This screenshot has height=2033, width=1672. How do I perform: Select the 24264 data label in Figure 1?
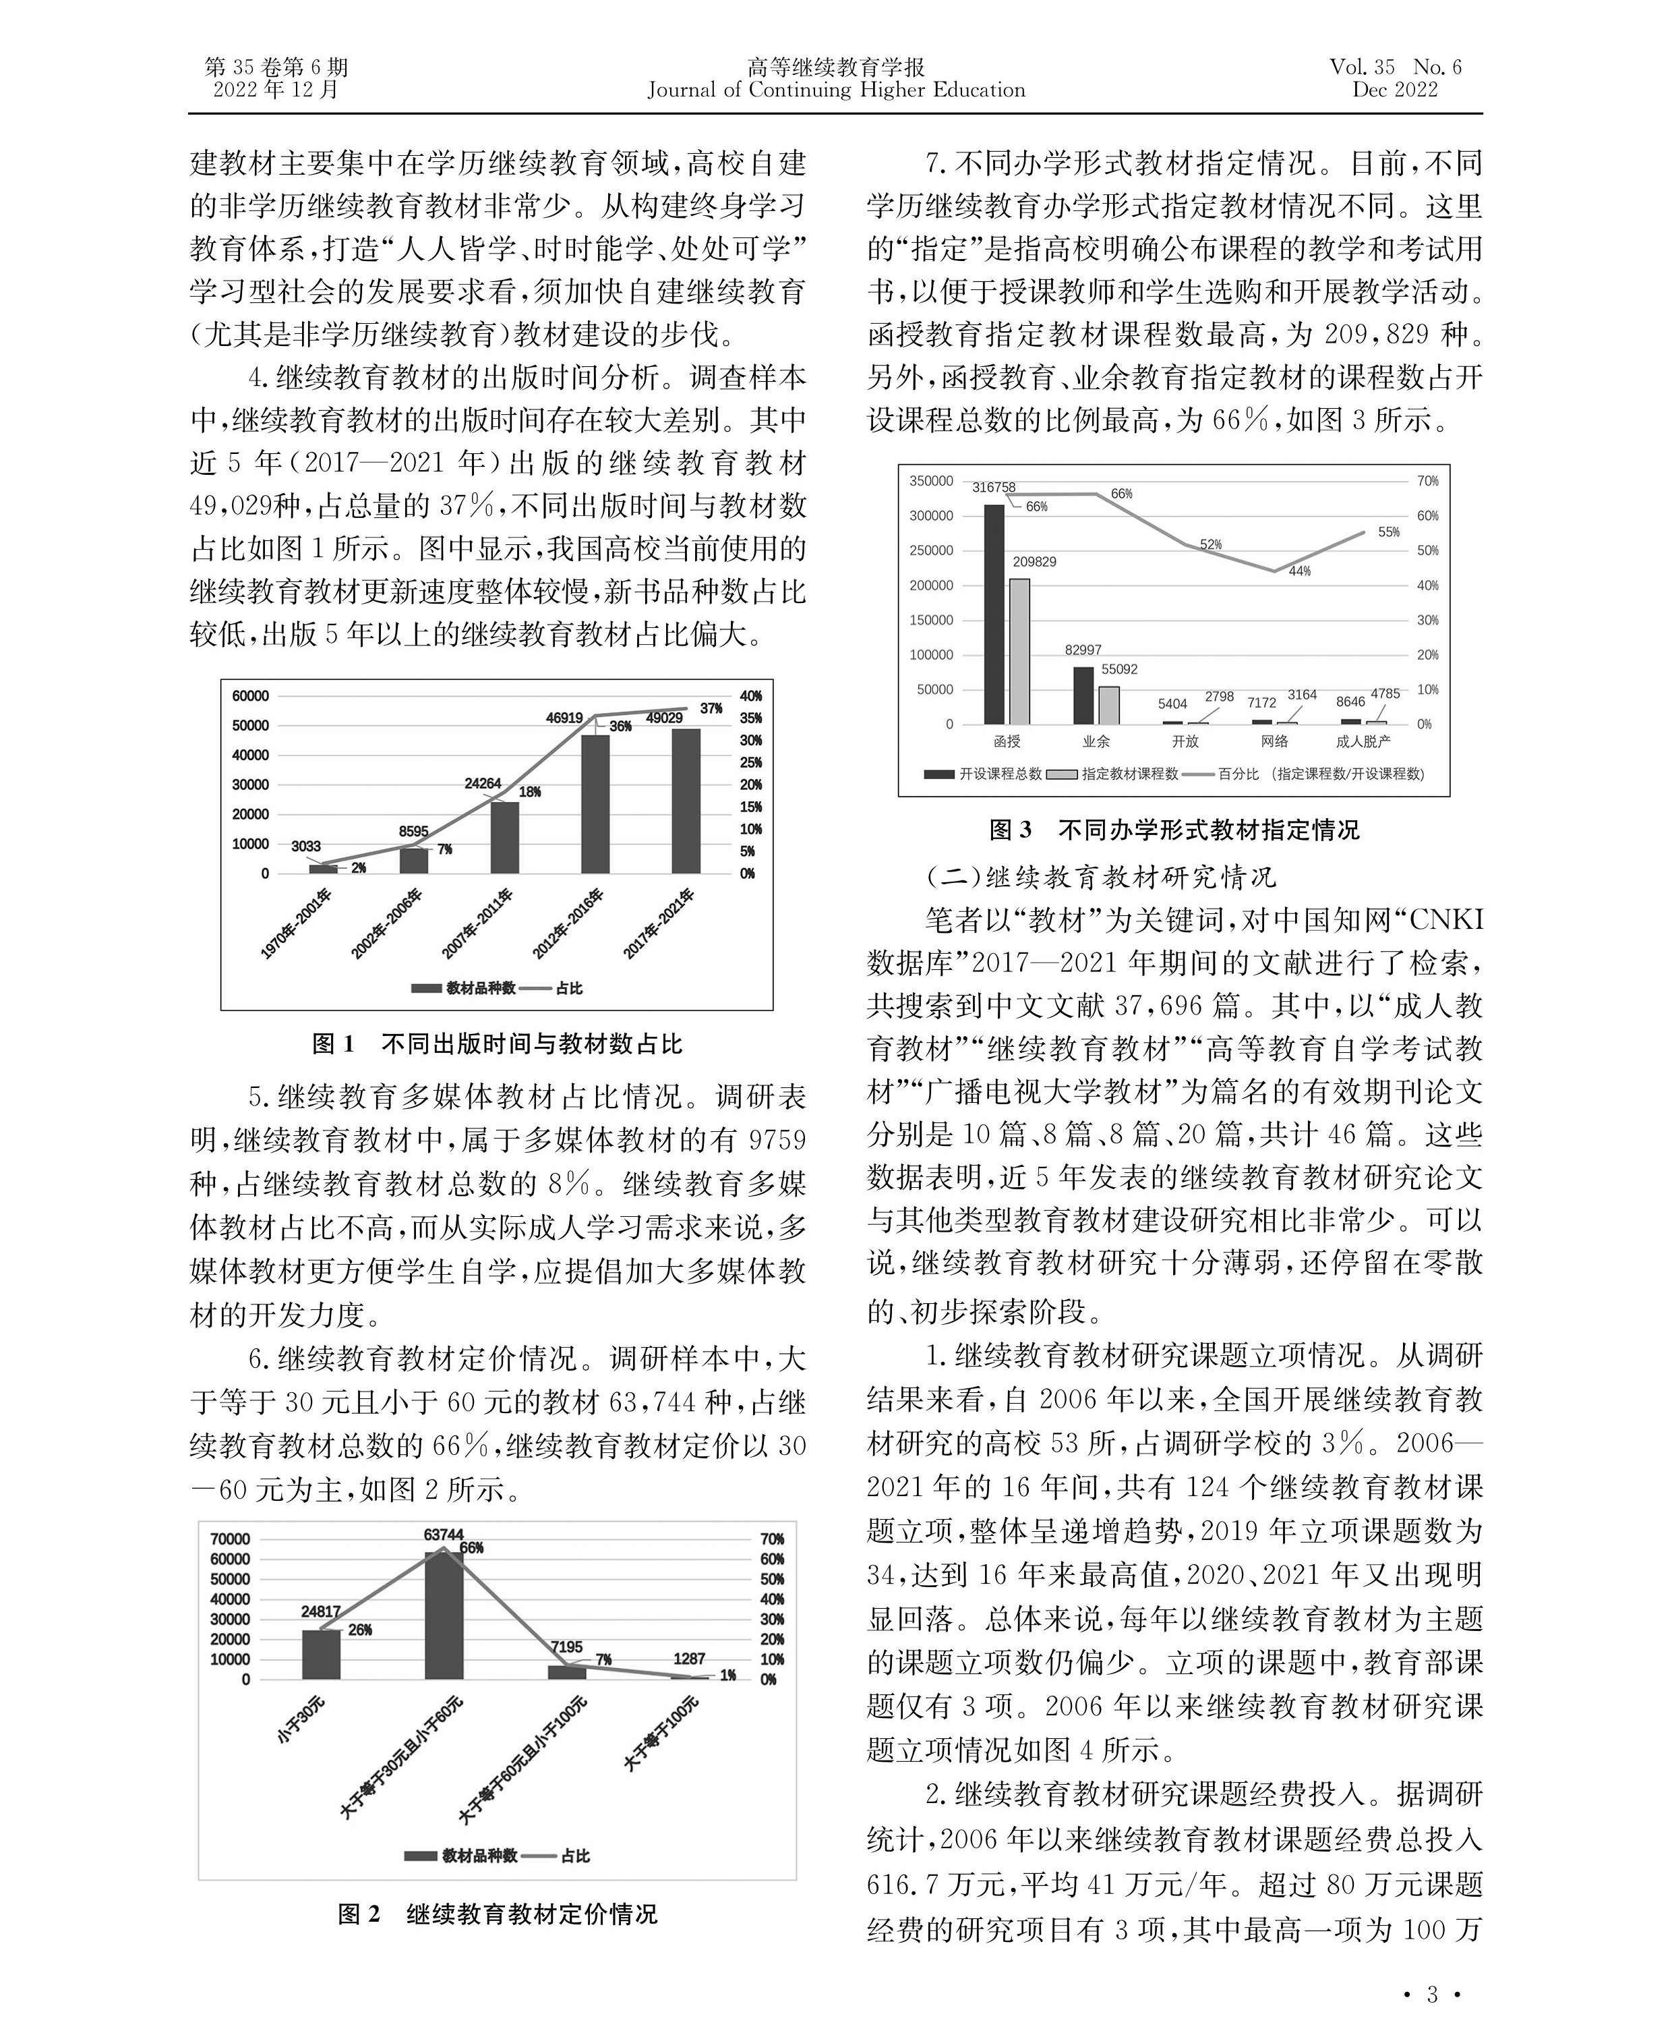pyautogui.click(x=483, y=783)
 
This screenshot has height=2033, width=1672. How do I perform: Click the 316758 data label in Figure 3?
pyautogui.click(x=993, y=488)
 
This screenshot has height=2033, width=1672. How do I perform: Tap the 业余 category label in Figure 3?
pyautogui.click(x=1096, y=741)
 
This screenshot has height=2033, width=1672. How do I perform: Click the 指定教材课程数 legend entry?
pyautogui.click(x=1115, y=774)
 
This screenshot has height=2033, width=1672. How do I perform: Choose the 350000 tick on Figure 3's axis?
pyautogui.click(x=931, y=481)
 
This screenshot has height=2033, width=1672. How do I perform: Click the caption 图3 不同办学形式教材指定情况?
pyautogui.click(x=1174, y=830)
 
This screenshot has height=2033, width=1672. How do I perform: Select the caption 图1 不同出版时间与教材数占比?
pyautogui.click(x=497, y=1043)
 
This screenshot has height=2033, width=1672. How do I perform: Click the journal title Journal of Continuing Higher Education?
pyautogui.click(x=836, y=90)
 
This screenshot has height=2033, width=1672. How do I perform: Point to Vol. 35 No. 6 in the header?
pyautogui.click(x=1395, y=67)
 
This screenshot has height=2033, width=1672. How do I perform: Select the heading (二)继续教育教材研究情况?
pyautogui.click(x=1101, y=877)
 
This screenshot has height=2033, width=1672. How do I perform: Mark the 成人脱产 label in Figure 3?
pyautogui.click(x=1363, y=741)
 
